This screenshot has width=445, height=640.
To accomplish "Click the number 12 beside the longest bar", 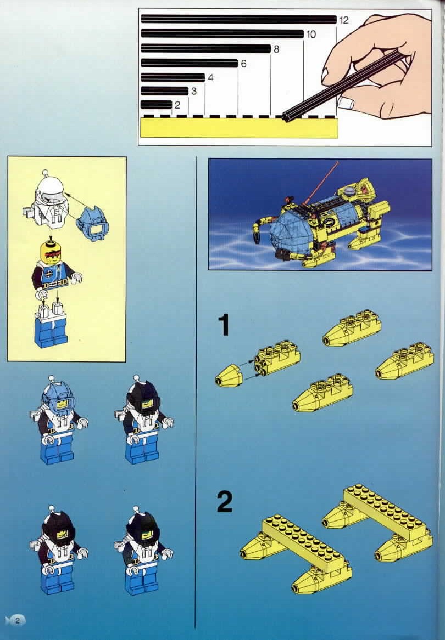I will [x=344, y=20].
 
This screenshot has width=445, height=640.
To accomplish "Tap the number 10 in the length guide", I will [x=311, y=35].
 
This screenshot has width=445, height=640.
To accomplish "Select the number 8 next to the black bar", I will [x=276, y=49].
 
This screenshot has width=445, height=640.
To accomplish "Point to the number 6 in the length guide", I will [x=243, y=64].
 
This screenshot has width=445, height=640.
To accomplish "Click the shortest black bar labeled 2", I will [x=157, y=105].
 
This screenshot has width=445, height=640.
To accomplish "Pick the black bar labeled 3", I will [x=164, y=91].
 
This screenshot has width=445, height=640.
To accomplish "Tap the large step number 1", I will [x=224, y=325].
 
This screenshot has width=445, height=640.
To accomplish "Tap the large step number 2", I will [x=225, y=502].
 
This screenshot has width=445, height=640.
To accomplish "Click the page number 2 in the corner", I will [x=18, y=620].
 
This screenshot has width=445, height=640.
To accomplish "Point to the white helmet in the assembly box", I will [x=48, y=195].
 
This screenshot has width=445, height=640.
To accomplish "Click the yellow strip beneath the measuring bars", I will [x=239, y=128].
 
